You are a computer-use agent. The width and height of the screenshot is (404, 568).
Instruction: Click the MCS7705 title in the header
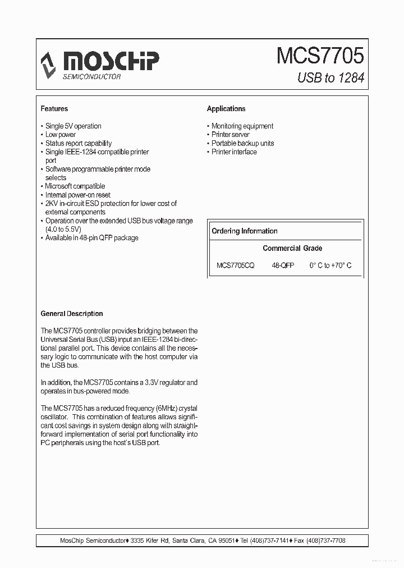[320, 56]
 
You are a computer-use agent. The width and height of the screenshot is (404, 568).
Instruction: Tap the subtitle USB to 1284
[330, 77]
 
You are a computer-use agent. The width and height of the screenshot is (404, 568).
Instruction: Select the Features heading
[54, 109]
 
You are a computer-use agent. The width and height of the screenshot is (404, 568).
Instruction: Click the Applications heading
[226, 109]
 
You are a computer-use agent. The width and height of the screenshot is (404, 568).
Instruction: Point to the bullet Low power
[61, 135]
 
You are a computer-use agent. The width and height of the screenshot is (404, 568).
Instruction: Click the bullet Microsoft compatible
[75, 186]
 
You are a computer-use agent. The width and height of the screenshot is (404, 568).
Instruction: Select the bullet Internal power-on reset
[78, 195]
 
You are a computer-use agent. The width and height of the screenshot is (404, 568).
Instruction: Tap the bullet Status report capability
[79, 143]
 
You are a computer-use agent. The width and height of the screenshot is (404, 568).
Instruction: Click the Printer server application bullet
[231, 135]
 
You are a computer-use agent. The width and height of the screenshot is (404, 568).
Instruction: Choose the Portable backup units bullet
[242, 143]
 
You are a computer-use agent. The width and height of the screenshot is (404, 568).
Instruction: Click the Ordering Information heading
[245, 231]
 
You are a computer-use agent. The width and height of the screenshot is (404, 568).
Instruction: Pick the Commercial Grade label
[292, 248]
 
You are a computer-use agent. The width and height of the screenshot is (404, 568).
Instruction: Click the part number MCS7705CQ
[236, 265]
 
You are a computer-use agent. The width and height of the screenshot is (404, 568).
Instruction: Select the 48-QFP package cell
[283, 265]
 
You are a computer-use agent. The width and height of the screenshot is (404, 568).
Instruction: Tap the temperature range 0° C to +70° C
[330, 265]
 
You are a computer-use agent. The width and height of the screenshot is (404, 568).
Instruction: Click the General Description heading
[72, 314]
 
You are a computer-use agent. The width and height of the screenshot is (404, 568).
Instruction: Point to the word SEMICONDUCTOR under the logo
[91, 76]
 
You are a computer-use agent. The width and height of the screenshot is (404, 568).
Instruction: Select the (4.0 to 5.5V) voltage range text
[63, 230]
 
